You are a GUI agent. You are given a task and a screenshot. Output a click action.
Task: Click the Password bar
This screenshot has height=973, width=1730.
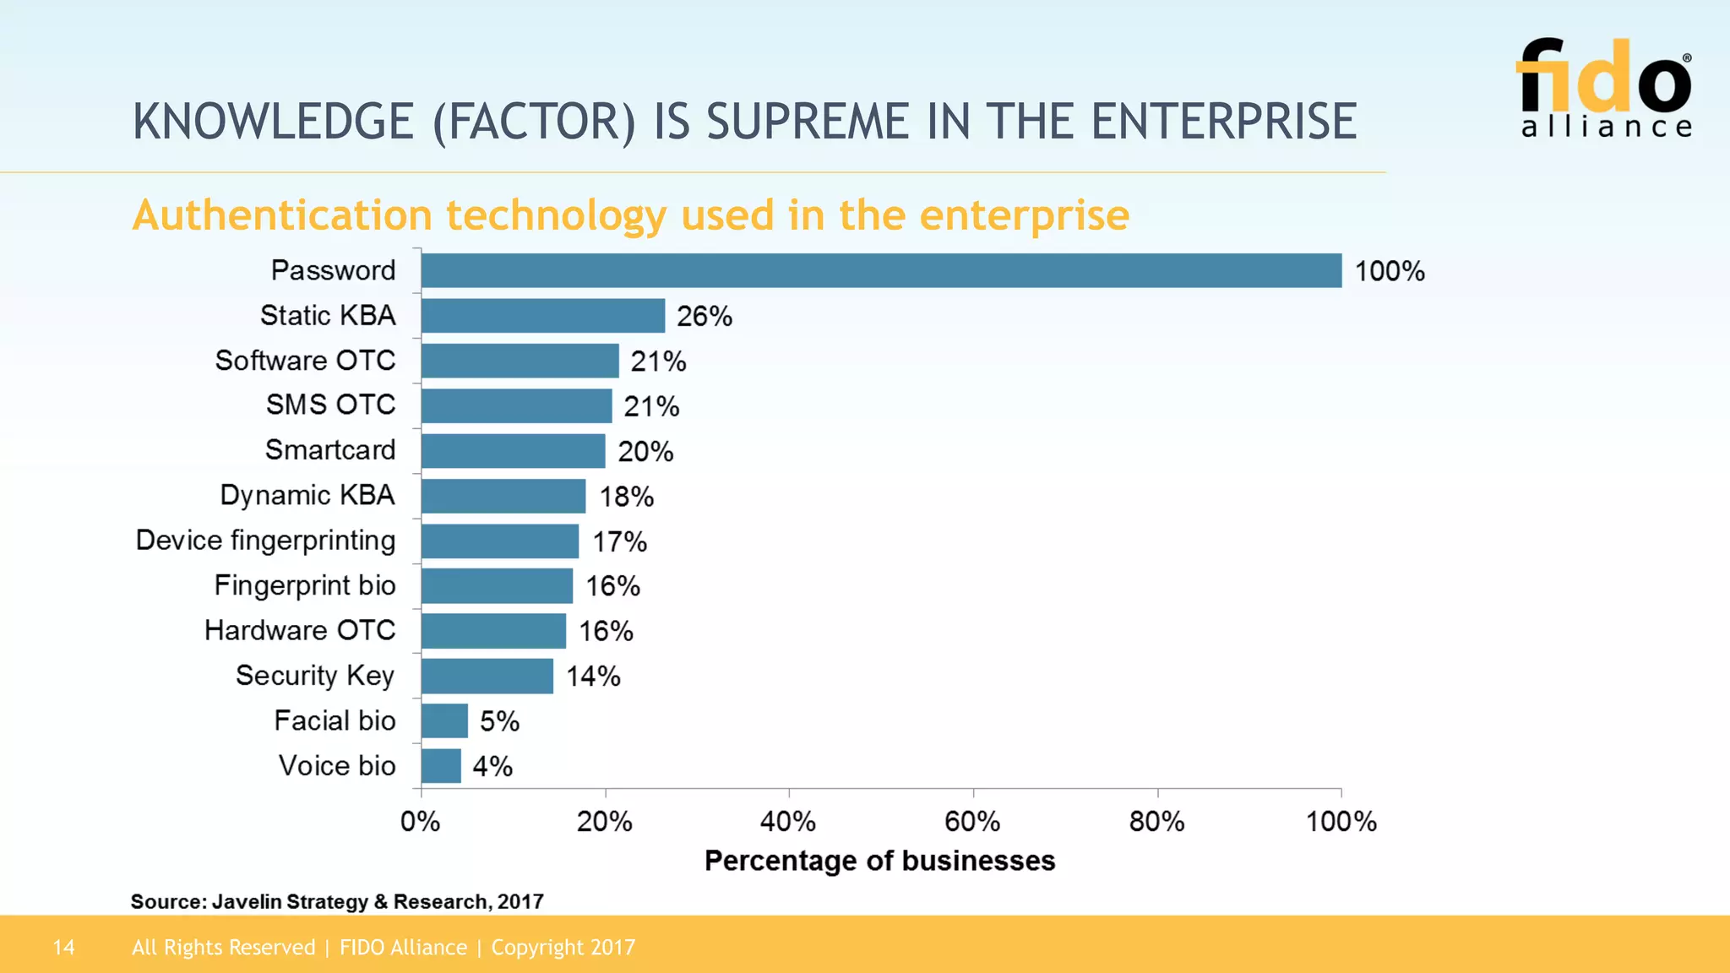tap(880, 271)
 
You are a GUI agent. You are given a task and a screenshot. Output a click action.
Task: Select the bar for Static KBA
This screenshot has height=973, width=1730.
tap(542, 316)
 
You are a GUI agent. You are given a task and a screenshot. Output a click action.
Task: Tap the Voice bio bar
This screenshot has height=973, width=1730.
tap(441, 766)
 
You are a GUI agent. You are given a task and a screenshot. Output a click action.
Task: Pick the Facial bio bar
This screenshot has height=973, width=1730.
tap(444, 721)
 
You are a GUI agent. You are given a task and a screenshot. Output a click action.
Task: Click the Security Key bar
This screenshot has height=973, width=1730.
tap(487, 677)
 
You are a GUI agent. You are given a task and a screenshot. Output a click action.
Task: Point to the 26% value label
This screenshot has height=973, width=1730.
tap(704, 317)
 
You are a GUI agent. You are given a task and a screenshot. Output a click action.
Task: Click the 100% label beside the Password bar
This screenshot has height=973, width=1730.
tap(1389, 271)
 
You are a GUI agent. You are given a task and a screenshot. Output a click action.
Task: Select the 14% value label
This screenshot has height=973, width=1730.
tap(593, 677)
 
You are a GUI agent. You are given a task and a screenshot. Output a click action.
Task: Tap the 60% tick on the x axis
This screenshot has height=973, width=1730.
tap(972, 821)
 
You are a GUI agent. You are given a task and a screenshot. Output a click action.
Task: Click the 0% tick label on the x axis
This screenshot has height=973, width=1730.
tap(420, 821)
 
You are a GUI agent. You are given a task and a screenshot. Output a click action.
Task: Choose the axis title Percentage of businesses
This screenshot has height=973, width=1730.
tap(879, 861)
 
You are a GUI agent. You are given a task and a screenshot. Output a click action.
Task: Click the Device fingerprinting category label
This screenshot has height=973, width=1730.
tap(265, 541)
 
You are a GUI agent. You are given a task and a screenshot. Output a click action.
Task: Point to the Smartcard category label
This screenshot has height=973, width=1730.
tap(329, 450)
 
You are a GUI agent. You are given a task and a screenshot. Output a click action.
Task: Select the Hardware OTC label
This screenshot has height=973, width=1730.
tap(300, 630)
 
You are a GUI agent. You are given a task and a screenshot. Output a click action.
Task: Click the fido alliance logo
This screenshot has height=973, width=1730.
tap(1604, 88)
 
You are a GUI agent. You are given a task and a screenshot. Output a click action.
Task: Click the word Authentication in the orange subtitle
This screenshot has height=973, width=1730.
tap(282, 215)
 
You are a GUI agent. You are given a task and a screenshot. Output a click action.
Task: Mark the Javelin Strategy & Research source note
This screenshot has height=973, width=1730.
tap(337, 901)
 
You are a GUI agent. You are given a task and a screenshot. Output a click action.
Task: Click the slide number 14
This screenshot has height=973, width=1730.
tap(63, 948)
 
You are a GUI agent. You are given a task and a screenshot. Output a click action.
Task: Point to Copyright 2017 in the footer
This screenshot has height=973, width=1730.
tap(563, 948)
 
